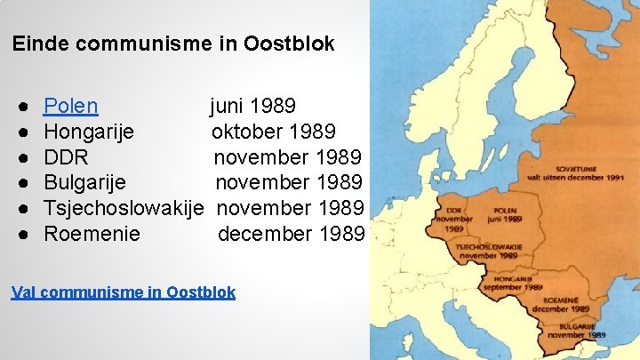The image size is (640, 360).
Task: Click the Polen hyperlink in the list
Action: [x=71, y=107]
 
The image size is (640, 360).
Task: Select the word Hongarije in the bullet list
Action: [x=89, y=132]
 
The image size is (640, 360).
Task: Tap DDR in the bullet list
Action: [x=66, y=158]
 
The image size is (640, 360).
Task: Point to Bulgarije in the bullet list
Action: [x=84, y=183]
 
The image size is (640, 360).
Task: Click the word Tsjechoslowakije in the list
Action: [x=124, y=209]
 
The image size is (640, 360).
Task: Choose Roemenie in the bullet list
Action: [x=92, y=235]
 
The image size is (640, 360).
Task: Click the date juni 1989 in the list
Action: [x=252, y=107]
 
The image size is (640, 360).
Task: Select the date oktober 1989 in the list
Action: [x=273, y=132]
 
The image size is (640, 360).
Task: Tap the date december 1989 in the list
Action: [x=291, y=235]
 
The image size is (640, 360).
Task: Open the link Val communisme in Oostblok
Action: [x=124, y=292]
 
